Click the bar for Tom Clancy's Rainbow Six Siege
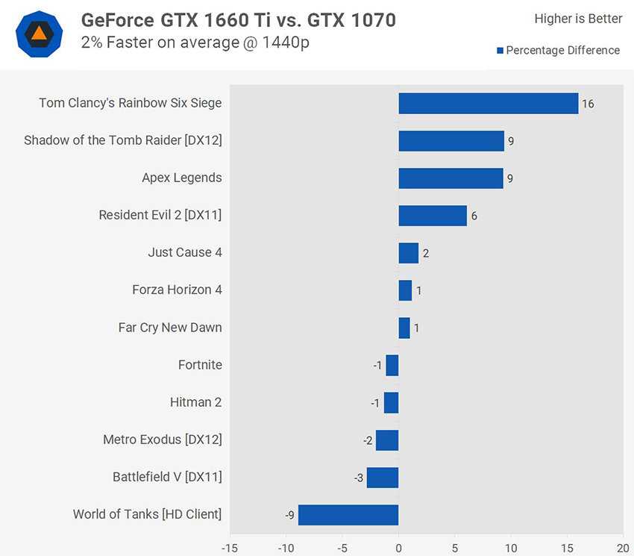[x=488, y=104]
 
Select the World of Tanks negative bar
[x=348, y=515]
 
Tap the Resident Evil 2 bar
[x=433, y=216]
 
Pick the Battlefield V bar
[x=383, y=478]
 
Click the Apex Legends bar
[x=451, y=178]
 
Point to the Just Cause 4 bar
[x=408, y=253]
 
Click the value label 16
[x=588, y=104]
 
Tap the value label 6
[x=474, y=216]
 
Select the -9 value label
[x=289, y=515]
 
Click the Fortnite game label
[x=200, y=365]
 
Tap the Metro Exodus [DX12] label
[x=163, y=440]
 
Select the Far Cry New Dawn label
[x=170, y=328]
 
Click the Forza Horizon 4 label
[x=177, y=290]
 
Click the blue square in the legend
[x=500, y=51]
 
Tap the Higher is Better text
[x=578, y=19]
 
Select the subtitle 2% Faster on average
[x=195, y=43]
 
